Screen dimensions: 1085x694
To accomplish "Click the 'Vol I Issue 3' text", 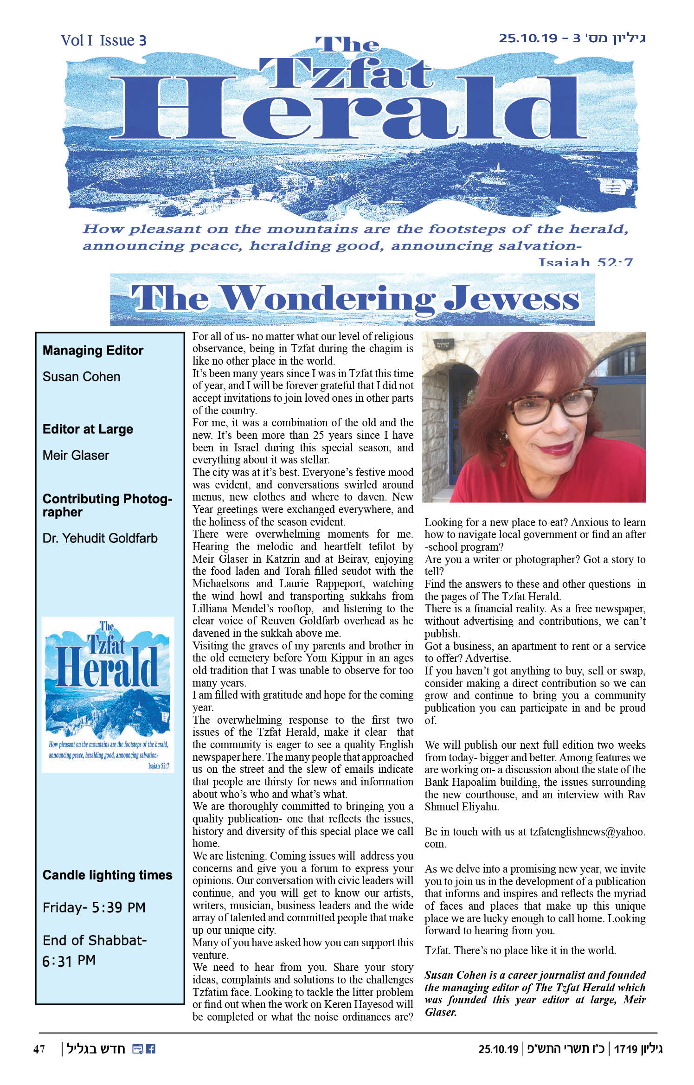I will tap(103, 41).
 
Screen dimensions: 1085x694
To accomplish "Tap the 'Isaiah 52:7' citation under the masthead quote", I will tap(585, 263).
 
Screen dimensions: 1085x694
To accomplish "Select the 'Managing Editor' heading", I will tap(93, 351).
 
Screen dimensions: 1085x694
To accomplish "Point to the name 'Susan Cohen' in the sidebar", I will tap(81, 377).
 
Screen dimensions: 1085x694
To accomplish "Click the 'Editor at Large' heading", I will tap(88, 429).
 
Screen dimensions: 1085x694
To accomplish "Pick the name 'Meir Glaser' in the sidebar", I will tap(76, 456).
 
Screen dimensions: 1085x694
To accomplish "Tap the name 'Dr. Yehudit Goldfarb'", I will tap(100, 538).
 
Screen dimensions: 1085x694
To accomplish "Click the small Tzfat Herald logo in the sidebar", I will tap(108, 694).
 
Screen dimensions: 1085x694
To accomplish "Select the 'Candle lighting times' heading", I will tap(107, 875).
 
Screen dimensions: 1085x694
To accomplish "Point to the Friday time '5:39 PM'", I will tap(118, 907).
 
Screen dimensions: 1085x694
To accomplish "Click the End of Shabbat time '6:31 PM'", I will tap(69, 960).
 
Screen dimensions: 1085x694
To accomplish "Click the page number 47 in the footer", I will tap(39, 1049).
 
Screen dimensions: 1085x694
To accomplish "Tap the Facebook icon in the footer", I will tap(151, 1049).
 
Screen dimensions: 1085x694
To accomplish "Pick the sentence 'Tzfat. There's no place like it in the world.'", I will tap(520, 950).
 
